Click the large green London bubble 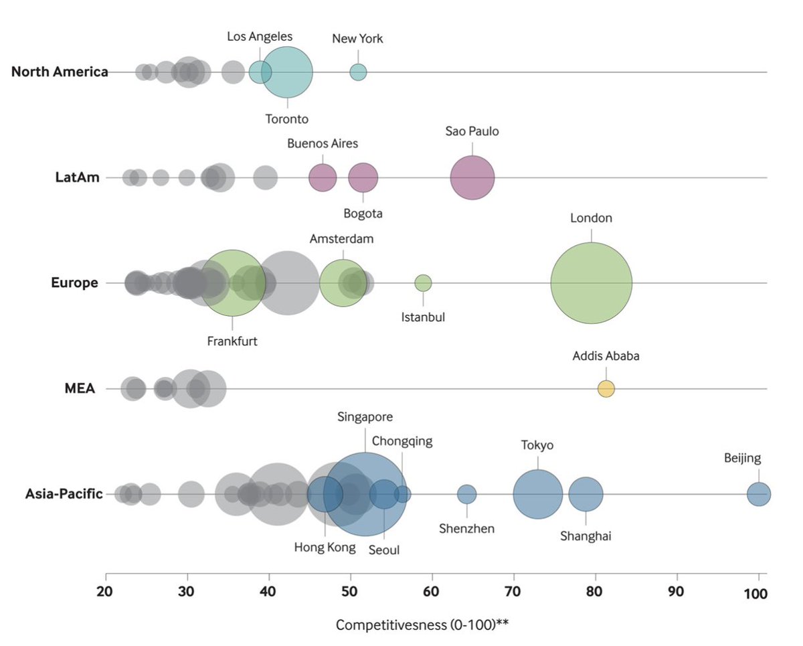click(x=592, y=283)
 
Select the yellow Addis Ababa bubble click(x=606, y=389)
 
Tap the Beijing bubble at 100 click(x=759, y=494)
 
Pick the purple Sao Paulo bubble click(x=472, y=178)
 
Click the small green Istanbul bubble click(x=423, y=283)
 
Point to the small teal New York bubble click(x=358, y=72)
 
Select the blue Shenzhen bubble click(x=467, y=494)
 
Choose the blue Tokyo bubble click(x=537, y=494)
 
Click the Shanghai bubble click(x=586, y=494)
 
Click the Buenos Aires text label click(x=323, y=143)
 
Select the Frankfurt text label click(x=232, y=340)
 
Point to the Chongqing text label click(x=402, y=441)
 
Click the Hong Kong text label click(x=325, y=547)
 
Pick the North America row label click(x=60, y=72)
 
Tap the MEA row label click(x=80, y=389)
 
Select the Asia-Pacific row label click(x=64, y=494)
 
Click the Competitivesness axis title click(x=423, y=625)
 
